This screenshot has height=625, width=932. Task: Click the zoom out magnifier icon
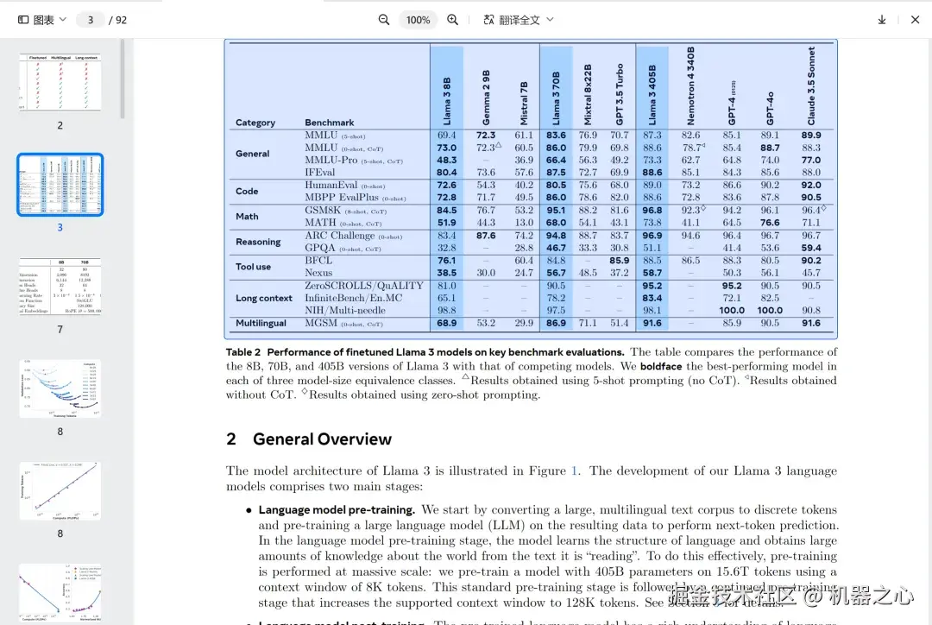pos(384,20)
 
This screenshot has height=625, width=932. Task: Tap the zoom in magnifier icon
pos(452,20)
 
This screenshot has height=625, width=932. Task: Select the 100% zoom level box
pos(418,20)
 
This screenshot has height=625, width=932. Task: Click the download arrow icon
pos(882,20)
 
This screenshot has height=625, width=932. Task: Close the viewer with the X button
pos(916,20)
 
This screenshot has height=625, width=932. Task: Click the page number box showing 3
pos(91,20)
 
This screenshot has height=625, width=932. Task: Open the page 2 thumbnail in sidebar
pos(60,82)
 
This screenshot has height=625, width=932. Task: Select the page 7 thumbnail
pos(60,287)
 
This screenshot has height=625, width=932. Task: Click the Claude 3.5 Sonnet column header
pos(811,86)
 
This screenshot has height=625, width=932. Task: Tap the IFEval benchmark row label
pos(319,173)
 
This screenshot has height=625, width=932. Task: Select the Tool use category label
pos(254,267)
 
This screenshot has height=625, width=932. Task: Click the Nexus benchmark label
pos(318,273)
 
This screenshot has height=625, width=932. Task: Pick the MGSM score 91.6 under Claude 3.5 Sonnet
pos(811,324)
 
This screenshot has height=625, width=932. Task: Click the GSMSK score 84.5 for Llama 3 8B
pos(447,210)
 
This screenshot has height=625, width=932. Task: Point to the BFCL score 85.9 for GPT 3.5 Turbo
pos(619,261)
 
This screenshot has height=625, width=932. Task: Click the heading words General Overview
pos(322,439)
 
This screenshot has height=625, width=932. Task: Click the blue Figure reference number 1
pos(575,471)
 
